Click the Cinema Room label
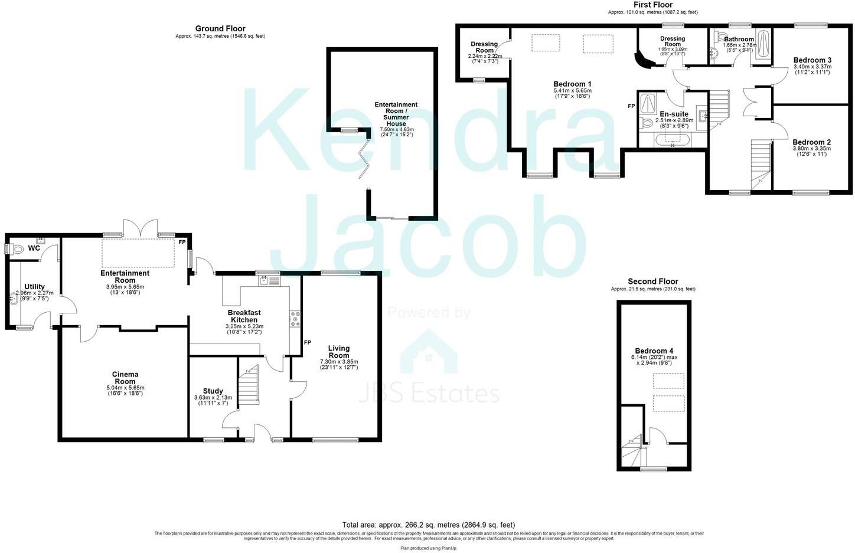125,378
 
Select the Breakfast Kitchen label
244,316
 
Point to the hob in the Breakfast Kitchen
294,319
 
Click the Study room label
213,391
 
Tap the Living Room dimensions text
339,365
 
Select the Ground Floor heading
220,28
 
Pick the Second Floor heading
653,282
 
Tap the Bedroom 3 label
812,60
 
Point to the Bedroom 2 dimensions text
811,151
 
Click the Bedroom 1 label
572,84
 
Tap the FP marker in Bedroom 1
631,106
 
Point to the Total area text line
429,525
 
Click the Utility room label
34,287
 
